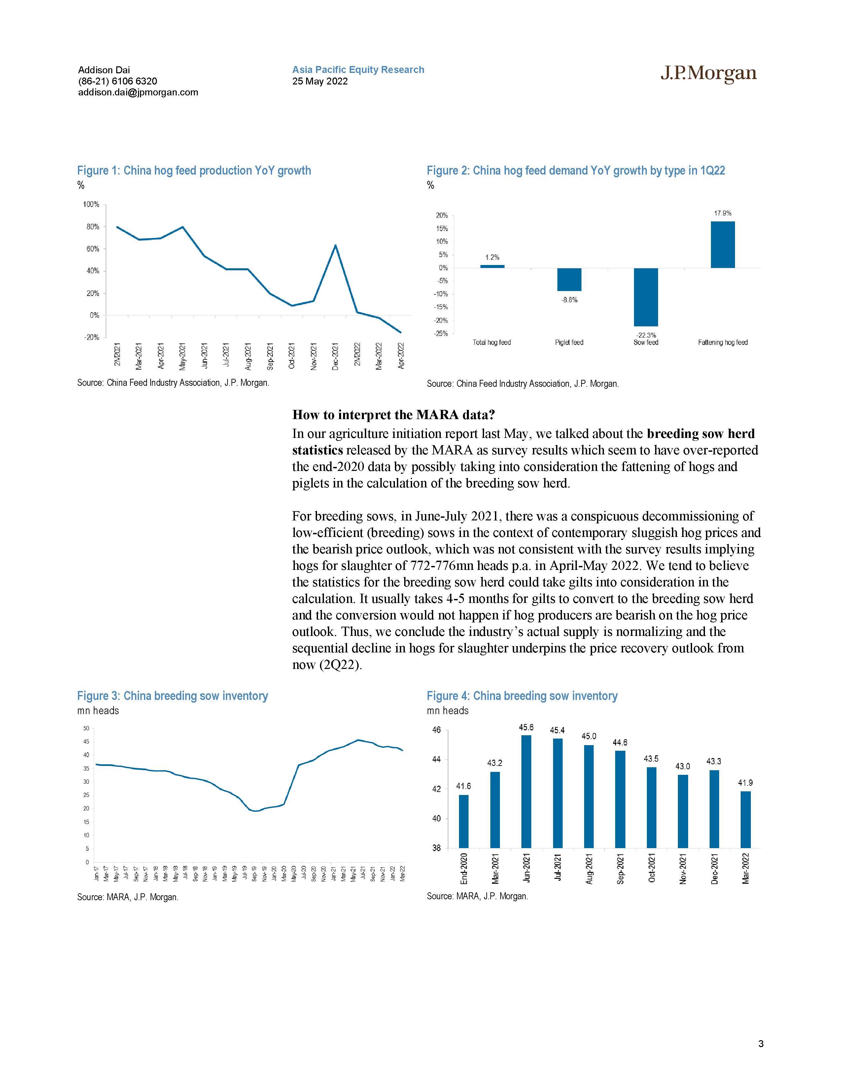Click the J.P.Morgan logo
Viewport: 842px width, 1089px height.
point(708,74)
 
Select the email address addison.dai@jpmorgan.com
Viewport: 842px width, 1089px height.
point(138,92)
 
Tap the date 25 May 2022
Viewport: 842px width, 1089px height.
point(320,81)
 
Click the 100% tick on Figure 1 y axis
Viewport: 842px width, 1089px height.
point(91,205)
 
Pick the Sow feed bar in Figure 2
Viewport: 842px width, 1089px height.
point(646,297)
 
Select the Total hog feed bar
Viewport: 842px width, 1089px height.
point(492,266)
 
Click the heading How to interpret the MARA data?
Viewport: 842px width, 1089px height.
point(394,415)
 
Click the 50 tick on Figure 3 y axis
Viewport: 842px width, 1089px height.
point(86,729)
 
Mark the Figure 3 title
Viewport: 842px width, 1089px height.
point(172,696)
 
